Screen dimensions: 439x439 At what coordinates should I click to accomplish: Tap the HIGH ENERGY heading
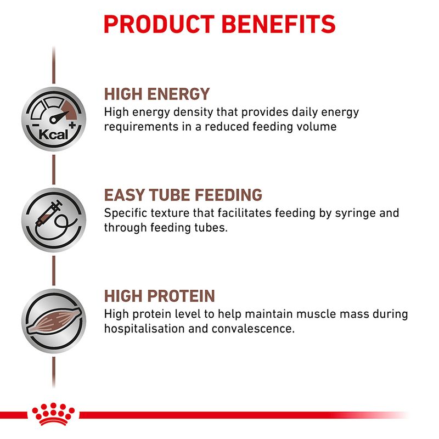pyautogui.click(x=157, y=93)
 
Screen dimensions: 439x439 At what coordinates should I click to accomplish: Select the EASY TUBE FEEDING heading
pyautogui.click(x=183, y=195)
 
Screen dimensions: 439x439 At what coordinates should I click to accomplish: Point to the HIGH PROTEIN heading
pyautogui.click(x=159, y=296)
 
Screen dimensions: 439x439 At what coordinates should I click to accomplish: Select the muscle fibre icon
pyautogui.click(x=53, y=321)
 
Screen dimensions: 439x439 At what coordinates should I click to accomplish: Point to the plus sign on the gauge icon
pyautogui.click(x=72, y=127)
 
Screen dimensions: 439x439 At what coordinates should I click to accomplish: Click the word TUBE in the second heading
pyautogui.click(x=164, y=195)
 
